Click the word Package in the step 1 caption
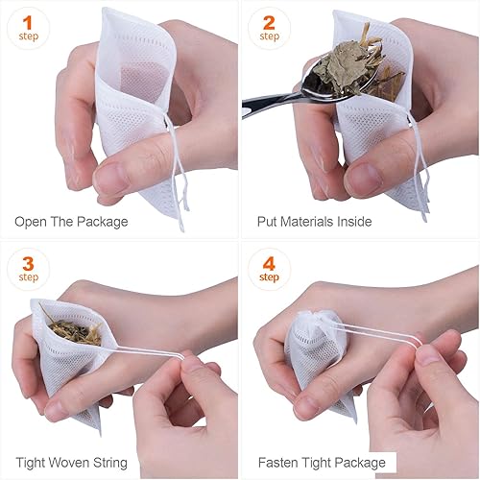click(x=102, y=222)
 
